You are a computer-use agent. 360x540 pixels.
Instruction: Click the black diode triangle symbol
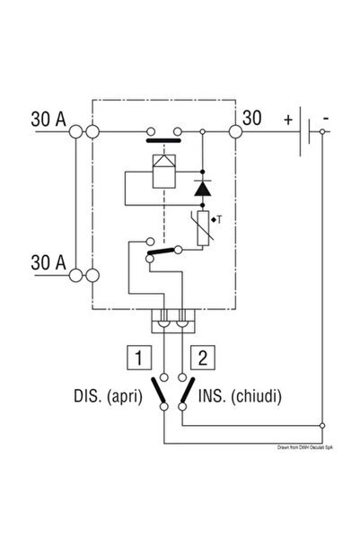202,190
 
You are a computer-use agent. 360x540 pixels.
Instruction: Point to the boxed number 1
138,358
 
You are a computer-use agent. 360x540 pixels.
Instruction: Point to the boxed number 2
204,358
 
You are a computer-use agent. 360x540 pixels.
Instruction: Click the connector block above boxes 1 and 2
171,319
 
